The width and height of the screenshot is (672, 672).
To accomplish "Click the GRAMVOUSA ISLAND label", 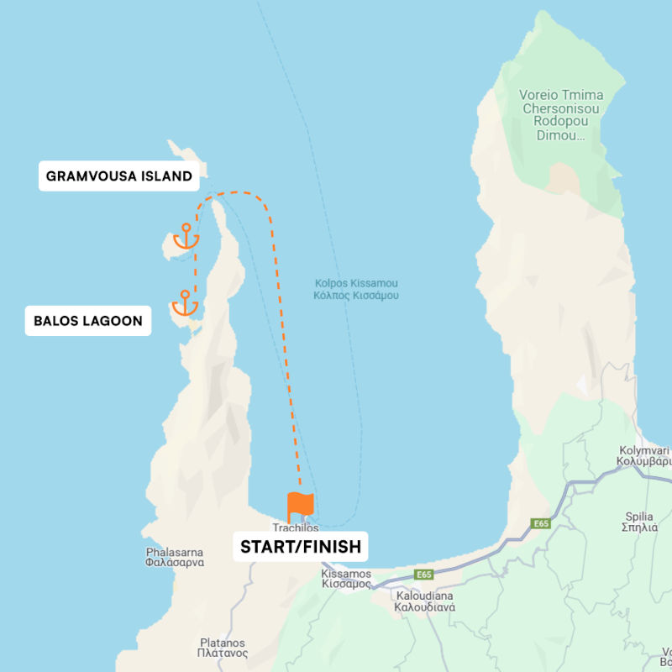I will pyautogui.click(x=119, y=176).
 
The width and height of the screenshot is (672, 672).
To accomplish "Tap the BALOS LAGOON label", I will pyautogui.click(x=88, y=320).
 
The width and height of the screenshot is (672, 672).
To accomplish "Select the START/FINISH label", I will pyautogui.click(x=301, y=547).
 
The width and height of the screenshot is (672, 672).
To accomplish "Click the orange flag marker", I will pyautogui.click(x=300, y=506).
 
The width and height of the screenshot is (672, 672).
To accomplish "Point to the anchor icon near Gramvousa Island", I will pyautogui.click(x=186, y=238).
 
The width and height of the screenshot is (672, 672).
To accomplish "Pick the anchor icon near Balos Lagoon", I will pyautogui.click(x=184, y=303).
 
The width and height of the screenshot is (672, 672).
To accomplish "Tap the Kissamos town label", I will pyautogui.click(x=346, y=579).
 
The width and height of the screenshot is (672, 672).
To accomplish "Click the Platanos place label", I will pyautogui.click(x=223, y=647).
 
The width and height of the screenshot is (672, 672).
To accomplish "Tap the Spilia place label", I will pyautogui.click(x=639, y=522).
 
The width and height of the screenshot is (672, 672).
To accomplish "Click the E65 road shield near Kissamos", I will pyautogui.click(x=425, y=575).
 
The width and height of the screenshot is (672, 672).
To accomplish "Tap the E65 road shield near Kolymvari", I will pyautogui.click(x=541, y=523).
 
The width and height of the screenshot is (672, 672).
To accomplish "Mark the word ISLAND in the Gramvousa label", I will pyautogui.click(x=164, y=176).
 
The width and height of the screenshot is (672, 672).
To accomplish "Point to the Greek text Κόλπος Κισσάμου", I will pyautogui.click(x=356, y=296).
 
